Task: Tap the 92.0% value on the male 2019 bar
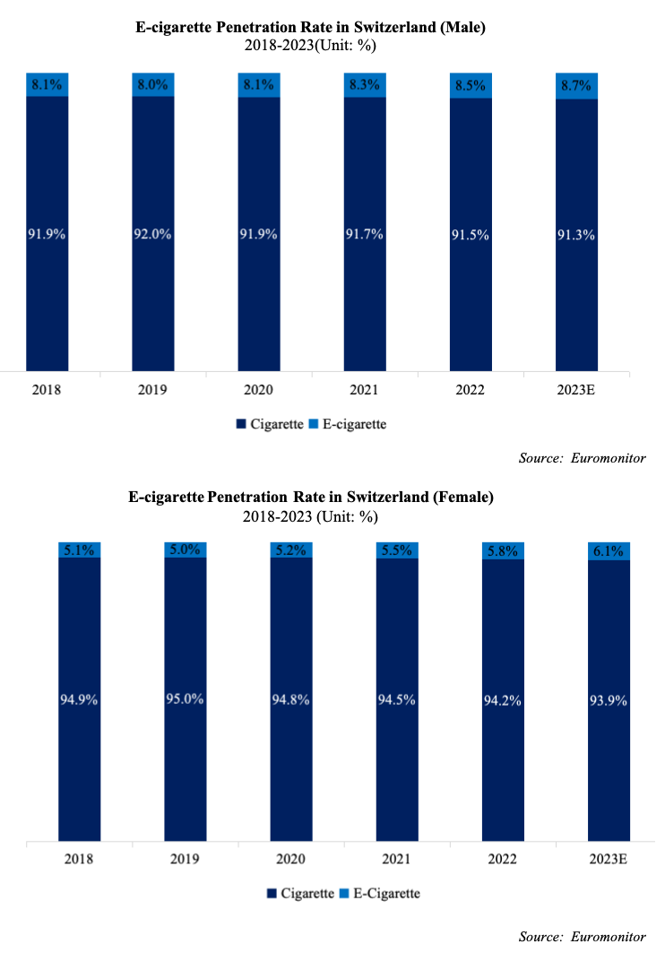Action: click(x=153, y=235)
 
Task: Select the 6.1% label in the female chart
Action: click(x=609, y=551)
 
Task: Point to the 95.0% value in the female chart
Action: click(x=186, y=700)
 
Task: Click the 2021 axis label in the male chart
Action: click(x=364, y=391)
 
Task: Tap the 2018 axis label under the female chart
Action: click(x=80, y=859)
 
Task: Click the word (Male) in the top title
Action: click(x=458, y=28)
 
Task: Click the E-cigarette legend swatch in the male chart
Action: click(x=315, y=424)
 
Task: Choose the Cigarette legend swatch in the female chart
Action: click(x=272, y=894)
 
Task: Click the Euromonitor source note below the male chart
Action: click(x=609, y=458)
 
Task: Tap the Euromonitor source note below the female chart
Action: click(x=609, y=937)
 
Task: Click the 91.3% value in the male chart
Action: click(x=576, y=235)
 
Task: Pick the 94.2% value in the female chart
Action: click(x=503, y=700)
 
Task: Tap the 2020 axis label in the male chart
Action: click(x=258, y=391)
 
